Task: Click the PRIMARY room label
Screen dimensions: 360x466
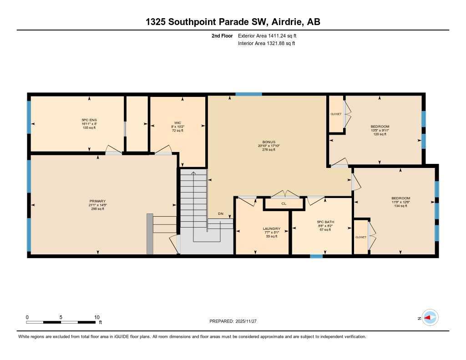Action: (x=97, y=201)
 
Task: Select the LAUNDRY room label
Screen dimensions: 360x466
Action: (x=271, y=228)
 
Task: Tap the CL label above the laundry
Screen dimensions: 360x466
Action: (x=284, y=203)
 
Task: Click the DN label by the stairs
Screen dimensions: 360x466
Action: (x=221, y=213)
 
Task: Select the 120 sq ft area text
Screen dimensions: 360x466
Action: (x=380, y=134)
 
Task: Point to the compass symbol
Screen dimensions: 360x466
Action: (x=430, y=318)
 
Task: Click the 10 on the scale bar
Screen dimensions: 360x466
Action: (x=96, y=317)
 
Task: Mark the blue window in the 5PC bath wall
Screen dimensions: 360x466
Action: (x=316, y=256)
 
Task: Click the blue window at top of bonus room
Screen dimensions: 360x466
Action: (x=248, y=94)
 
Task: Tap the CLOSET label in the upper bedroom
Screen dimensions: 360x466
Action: (x=336, y=114)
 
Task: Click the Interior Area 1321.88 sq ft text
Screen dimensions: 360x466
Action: (x=266, y=43)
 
